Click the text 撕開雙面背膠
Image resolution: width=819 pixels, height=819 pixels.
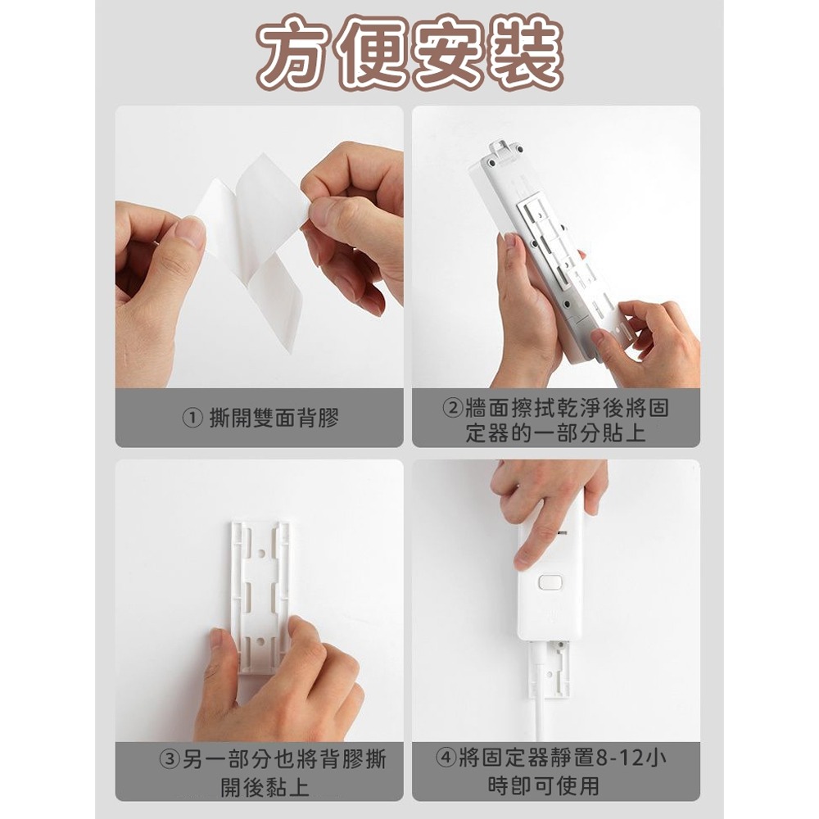coord(274,419)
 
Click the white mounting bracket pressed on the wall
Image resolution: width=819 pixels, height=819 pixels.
coord(260,590)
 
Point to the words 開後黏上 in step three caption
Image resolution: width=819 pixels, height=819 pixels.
coord(265,788)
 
